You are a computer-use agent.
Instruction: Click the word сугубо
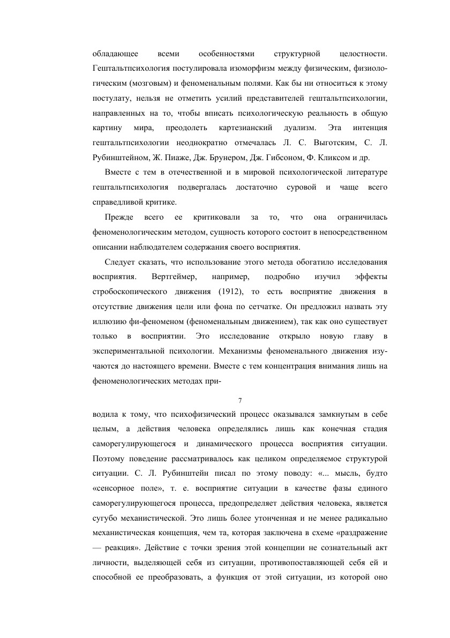(104, 519)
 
